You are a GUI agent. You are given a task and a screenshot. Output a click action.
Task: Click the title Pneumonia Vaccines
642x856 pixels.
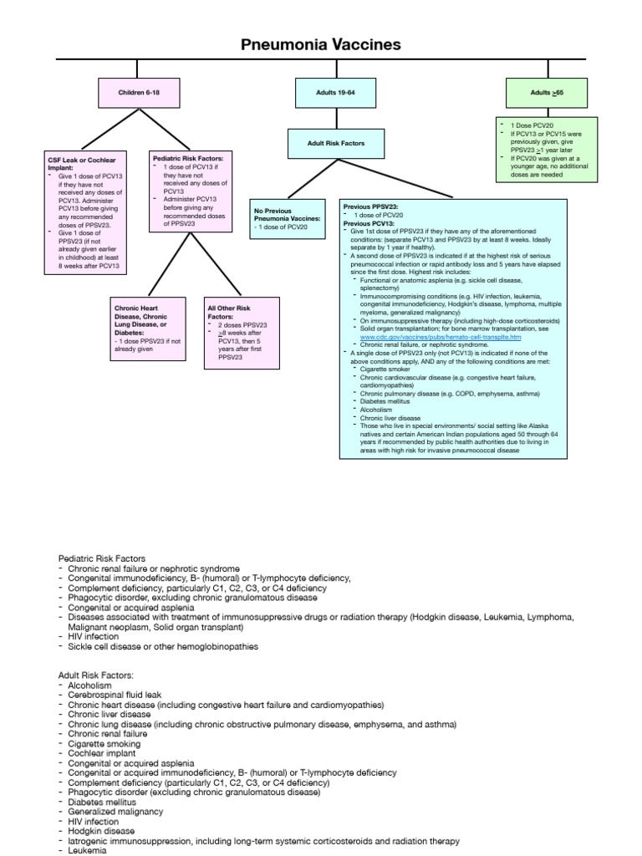321,44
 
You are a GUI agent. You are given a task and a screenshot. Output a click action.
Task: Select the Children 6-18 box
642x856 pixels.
137,91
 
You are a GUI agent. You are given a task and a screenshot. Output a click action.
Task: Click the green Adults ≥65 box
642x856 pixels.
552,91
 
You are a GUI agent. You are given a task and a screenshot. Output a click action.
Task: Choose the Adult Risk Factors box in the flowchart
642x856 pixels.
336,143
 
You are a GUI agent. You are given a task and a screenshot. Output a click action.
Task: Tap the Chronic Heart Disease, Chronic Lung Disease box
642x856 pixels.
148,329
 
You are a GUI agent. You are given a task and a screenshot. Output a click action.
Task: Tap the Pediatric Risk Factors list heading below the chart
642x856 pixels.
102,558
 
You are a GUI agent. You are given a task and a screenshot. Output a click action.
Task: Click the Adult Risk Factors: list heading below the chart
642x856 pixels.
96,674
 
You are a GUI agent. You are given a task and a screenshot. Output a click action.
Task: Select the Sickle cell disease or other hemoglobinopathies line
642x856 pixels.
163,646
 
